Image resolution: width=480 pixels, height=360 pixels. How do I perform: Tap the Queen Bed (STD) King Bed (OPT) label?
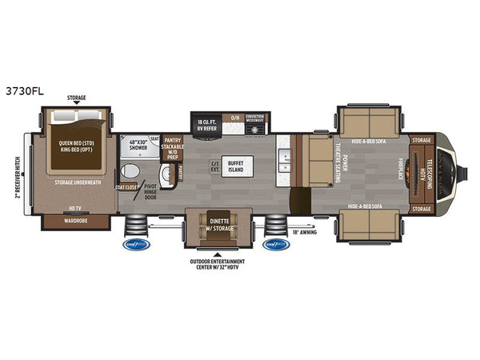click(x=78, y=150)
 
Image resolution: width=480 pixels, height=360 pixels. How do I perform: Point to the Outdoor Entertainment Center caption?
click(x=216, y=265)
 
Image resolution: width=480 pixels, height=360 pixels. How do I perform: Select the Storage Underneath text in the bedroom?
click(x=78, y=182)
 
